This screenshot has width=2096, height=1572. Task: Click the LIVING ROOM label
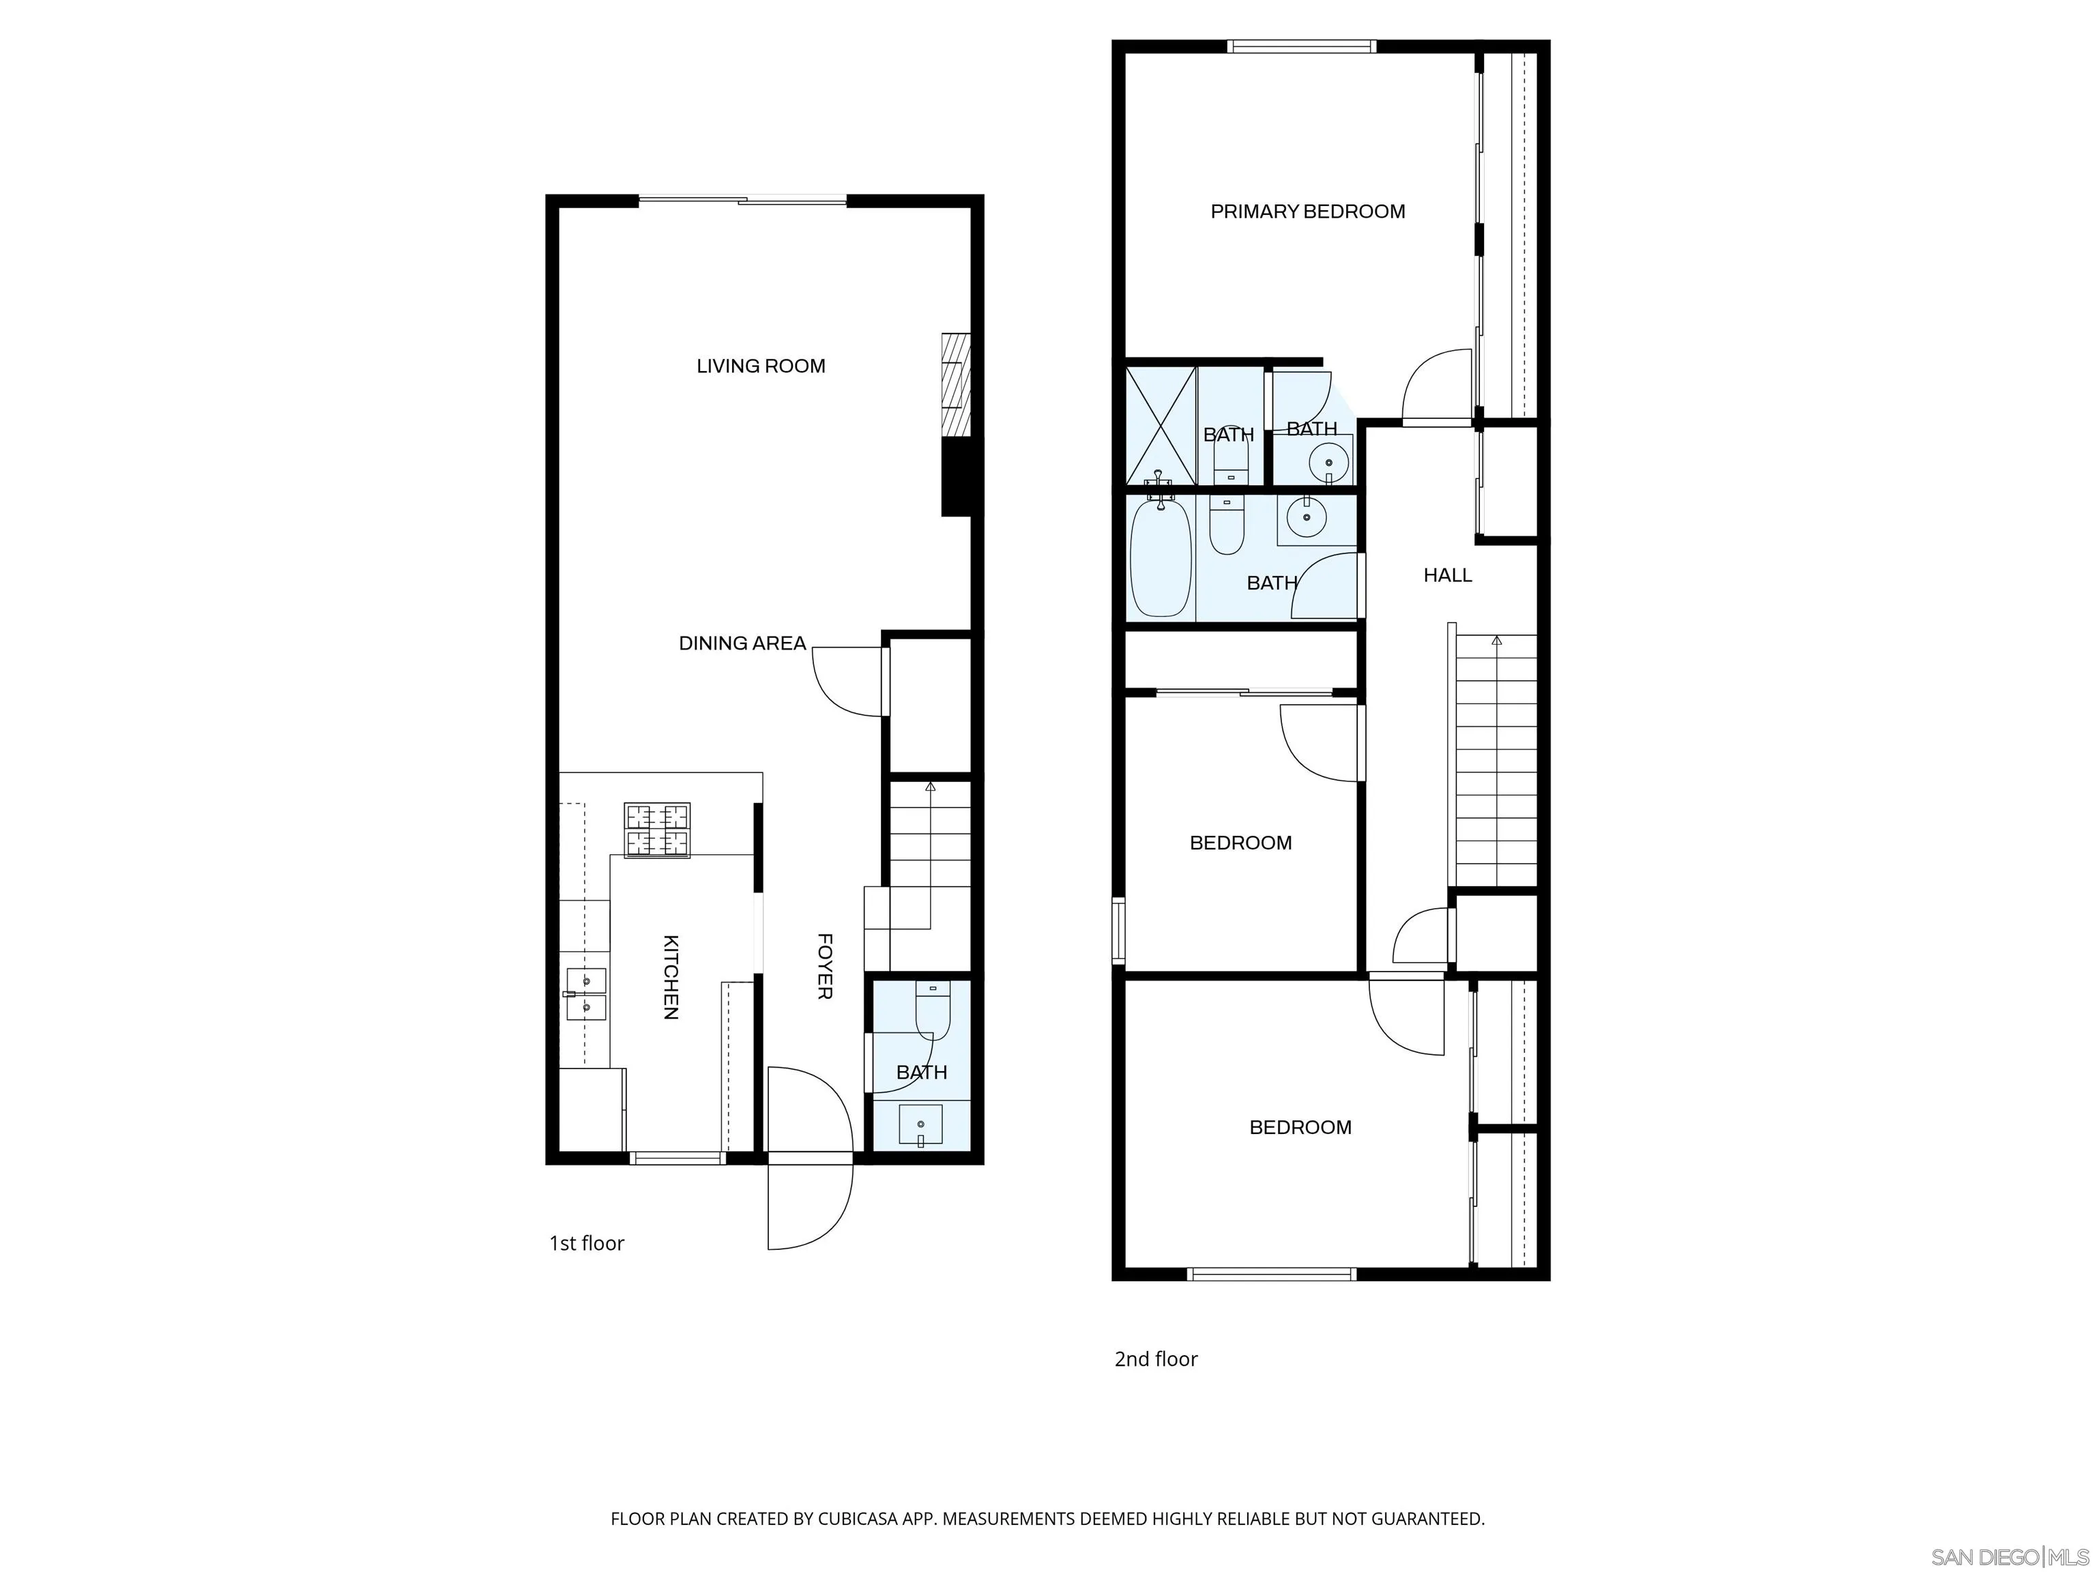tap(760, 366)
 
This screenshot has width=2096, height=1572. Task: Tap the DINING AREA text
tap(742, 643)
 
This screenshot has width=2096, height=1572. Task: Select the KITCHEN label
tap(670, 977)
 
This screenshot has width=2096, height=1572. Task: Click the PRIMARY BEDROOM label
tap(1308, 212)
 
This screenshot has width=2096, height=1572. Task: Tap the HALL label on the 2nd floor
tap(1447, 575)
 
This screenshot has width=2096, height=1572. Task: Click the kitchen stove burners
tap(656, 830)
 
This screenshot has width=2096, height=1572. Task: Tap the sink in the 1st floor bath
tap(920, 1124)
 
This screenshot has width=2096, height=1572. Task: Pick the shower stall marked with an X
tap(1161, 426)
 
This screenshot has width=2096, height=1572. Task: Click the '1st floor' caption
tap(587, 1243)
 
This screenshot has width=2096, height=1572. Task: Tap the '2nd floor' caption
tap(1155, 1359)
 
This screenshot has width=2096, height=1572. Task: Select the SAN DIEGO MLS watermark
tap(2009, 1557)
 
